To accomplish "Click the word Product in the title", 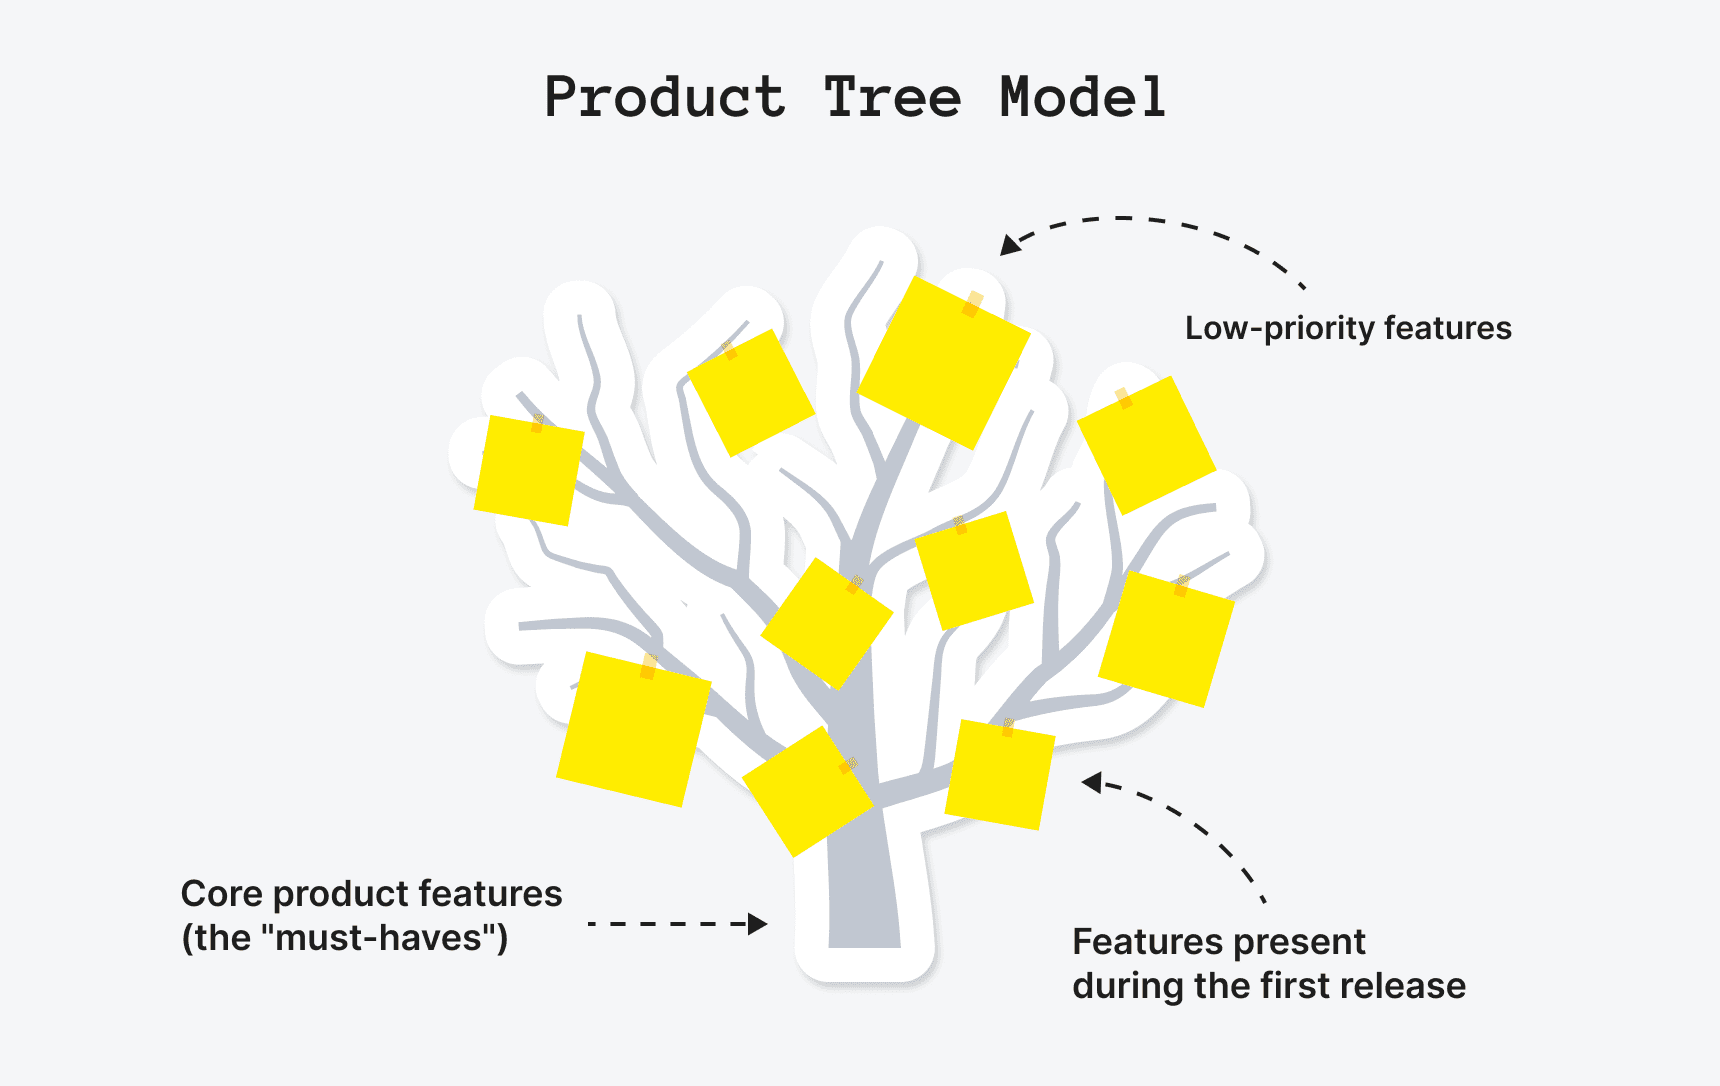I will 665,98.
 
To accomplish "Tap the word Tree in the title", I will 892,98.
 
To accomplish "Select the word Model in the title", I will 1083,98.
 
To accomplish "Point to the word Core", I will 221,893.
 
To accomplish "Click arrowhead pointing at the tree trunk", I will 759,924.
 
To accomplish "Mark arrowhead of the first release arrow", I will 1092,782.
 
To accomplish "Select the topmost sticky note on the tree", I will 943,362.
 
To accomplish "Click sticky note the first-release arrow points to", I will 999,775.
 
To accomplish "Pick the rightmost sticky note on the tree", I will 1166,639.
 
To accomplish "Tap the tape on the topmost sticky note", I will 973,304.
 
